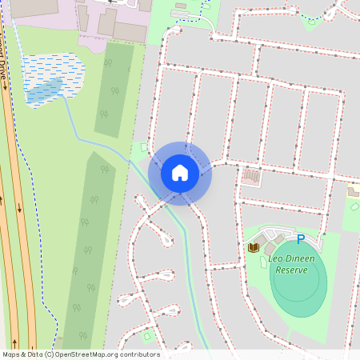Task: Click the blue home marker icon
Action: click(180, 173)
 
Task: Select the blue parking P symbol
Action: click(301, 238)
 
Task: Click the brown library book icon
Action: click(254, 247)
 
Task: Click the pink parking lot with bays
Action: click(250, 175)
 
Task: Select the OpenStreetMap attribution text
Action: click(81, 354)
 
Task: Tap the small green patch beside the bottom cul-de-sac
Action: click(147, 334)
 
